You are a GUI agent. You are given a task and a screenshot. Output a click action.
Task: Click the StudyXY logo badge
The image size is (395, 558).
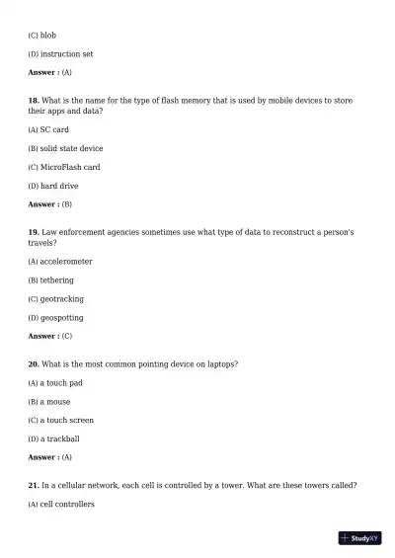(x=359, y=538)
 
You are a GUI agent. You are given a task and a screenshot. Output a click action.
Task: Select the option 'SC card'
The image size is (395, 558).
(x=54, y=129)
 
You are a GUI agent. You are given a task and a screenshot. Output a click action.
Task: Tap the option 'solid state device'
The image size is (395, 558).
(x=71, y=148)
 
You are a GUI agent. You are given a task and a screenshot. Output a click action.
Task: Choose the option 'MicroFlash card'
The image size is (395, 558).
(x=69, y=167)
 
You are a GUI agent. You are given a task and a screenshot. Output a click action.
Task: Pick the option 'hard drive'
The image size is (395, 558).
(x=59, y=186)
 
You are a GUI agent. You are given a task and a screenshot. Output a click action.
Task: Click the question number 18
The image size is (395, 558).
(x=34, y=101)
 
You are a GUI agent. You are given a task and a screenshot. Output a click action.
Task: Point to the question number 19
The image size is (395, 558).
(x=34, y=231)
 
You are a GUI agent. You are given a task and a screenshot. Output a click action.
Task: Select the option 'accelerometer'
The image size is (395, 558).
(x=66, y=262)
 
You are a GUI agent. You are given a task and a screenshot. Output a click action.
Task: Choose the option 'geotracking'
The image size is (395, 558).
(x=62, y=299)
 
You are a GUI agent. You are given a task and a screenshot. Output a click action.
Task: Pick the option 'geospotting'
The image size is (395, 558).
(x=61, y=318)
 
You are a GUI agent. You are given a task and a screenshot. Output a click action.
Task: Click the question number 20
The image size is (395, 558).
(x=34, y=364)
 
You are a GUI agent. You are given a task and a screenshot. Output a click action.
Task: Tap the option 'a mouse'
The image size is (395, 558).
(x=55, y=402)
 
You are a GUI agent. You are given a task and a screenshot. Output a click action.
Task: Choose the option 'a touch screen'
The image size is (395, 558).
(x=67, y=421)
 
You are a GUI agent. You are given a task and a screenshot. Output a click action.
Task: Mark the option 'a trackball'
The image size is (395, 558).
(x=59, y=439)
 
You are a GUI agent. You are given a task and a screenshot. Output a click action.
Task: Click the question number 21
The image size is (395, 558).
(x=34, y=486)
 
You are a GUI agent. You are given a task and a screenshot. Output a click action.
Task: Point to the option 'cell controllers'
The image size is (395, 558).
(x=67, y=505)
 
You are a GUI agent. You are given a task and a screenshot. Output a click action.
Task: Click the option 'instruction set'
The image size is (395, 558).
(x=66, y=54)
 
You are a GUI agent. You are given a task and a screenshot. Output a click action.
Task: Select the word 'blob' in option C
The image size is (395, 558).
(x=48, y=36)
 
